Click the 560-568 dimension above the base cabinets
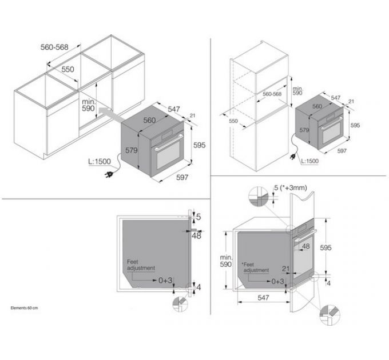(x=54, y=47)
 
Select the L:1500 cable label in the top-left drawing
(x=100, y=162)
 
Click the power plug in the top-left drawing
(x=109, y=175)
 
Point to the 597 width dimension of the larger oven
(x=182, y=177)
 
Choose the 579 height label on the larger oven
(x=131, y=150)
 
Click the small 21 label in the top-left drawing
(x=193, y=115)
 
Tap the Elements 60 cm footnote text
(x=24, y=308)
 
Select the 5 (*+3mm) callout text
(x=291, y=188)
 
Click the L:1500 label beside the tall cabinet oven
(x=309, y=161)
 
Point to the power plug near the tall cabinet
(x=293, y=157)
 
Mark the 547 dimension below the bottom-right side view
(x=263, y=297)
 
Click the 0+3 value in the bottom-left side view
(x=165, y=281)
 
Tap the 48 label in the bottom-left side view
(x=196, y=236)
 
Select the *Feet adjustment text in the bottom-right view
(x=256, y=267)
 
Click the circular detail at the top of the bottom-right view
(x=258, y=197)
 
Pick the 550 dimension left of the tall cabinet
(x=233, y=121)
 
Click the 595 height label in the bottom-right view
(x=326, y=247)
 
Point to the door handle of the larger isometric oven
(x=169, y=143)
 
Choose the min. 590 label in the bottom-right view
(x=226, y=261)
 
